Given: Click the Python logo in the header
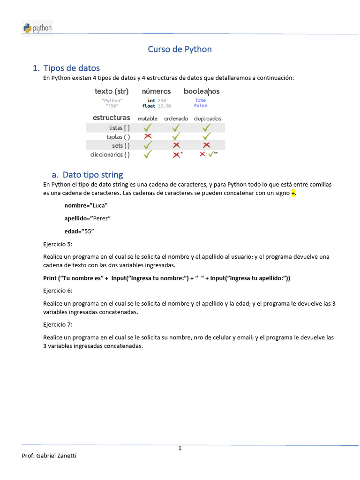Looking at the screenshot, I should (37, 28).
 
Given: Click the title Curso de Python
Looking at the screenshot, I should (180, 49).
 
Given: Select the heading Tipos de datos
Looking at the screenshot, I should (71, 68).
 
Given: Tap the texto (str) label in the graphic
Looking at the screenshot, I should (112, 91).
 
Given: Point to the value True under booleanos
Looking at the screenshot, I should (201, 100).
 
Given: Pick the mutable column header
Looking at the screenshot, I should (148, 119).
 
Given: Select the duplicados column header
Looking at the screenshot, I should (208, 119).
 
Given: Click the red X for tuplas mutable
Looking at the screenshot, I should (148, 136).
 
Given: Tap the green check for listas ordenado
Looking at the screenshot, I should (176, 127).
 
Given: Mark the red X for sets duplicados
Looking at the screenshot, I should (206, 145).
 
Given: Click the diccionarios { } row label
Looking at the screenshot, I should (110, 154).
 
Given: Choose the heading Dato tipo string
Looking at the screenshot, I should (93, 175).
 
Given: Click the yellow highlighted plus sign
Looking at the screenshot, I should (293, 193).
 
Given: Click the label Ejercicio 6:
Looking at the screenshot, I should (58, 291).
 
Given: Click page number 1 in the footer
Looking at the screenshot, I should (180, 449).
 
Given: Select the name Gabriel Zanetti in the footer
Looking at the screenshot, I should (59, 456).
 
